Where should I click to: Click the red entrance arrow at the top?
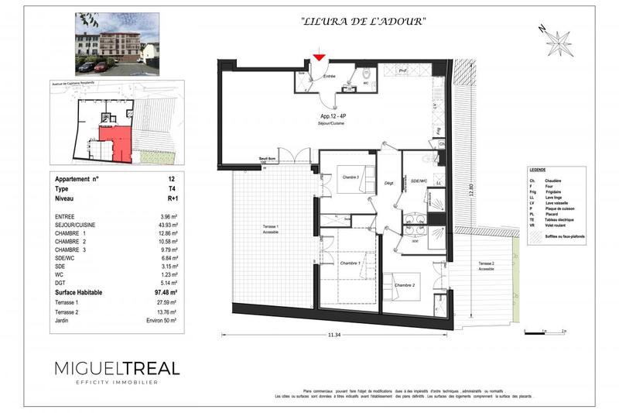click(319, 57)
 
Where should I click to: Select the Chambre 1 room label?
click(353, 264)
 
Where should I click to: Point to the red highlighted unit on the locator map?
click(115, 143)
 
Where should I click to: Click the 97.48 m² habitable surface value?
click(166, 292)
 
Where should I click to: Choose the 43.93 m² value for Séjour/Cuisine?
click(166, 225)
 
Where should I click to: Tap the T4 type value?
click(173, 189)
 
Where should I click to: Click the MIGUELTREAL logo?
click(117, 368)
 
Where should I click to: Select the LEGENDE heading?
click(538, 170)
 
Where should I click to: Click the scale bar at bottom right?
click(545, 333)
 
